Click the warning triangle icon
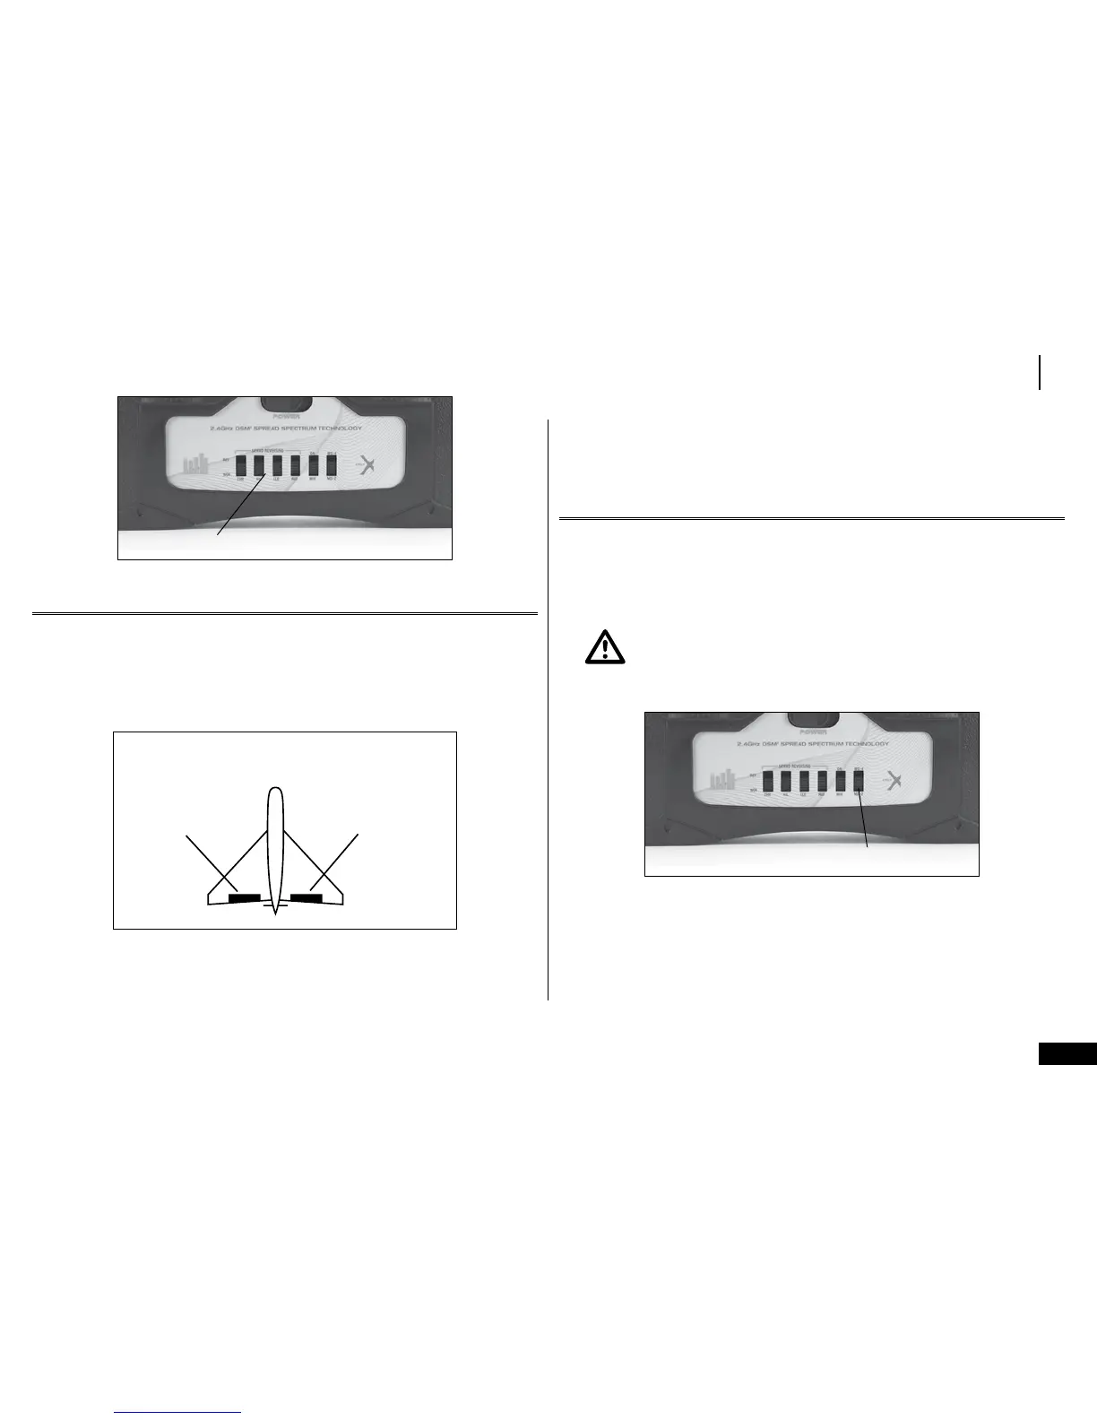tap(606, 646)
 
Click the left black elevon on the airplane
tap(245, 896)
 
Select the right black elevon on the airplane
tap(307, 896)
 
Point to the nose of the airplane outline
tap(276, 792)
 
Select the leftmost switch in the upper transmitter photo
tap(240, 465)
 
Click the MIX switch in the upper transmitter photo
tap(314, 465)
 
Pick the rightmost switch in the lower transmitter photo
tap(859, 781)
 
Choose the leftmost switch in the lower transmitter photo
tap(767, 781)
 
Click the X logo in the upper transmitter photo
tap(366, 465)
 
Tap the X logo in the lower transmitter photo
tap(893, 780)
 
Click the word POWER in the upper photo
tap(288, 416)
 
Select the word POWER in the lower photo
tap(815, 732)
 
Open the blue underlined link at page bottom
tap(178, 1412)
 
